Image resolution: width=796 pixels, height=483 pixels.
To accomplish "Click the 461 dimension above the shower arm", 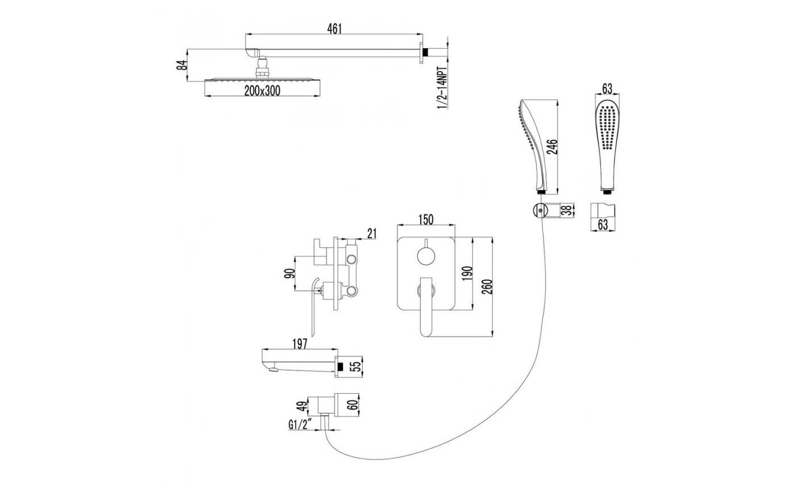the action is coord(334,29).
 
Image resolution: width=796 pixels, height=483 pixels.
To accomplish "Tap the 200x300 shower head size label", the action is coord(262,91).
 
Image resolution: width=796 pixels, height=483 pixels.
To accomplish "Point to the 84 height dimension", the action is coord(182,65).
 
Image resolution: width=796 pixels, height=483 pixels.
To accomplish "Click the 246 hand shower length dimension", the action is coord(552,147).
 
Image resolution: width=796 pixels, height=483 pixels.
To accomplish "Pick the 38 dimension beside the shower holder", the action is coord(569,210).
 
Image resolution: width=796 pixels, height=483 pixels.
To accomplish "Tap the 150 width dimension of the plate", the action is coord(426,219).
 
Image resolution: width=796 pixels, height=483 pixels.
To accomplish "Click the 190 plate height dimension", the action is coord(467,273).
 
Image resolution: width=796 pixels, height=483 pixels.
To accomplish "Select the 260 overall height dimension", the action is coord(488,286).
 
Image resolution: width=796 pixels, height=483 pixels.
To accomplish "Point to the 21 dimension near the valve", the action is coord(372,234).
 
